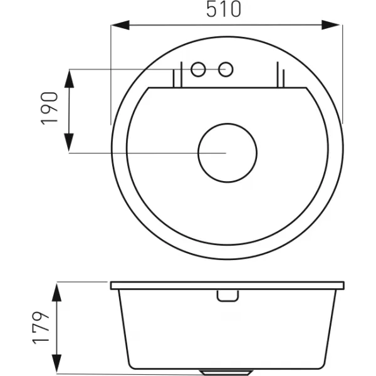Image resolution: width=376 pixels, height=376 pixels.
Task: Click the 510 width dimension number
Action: [x=224, y=9]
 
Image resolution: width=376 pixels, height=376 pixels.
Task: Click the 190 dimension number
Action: [x=50, y=108]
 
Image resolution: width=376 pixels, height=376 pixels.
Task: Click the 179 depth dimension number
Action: [x=41, y=328]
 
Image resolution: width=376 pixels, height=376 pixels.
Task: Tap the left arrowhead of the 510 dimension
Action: [x=120, y=25]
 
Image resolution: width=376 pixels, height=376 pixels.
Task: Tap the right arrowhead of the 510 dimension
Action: [x=330, y=25]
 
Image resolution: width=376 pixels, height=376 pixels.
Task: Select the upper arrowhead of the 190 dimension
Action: [x=69, y=79]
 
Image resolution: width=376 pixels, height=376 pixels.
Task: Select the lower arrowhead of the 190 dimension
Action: [x=69, y=143]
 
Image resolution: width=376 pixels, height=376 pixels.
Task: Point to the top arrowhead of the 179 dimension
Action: [x=56, y=293]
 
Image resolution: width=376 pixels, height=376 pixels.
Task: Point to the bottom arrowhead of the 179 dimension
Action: [x=56, y=363]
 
